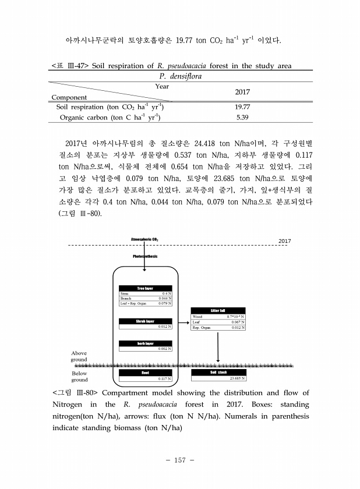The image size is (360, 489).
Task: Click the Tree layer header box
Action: point(144,288)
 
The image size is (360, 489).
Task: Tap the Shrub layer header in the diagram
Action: point(144,321)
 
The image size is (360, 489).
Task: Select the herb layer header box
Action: point(144,343)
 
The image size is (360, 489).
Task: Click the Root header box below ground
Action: point(144,373)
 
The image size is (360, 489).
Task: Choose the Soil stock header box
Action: point(218,373)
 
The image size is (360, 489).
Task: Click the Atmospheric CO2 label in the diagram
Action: point(145,239)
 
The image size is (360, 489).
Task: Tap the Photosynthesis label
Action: point(145,256)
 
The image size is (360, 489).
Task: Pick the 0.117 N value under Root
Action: point(164,378)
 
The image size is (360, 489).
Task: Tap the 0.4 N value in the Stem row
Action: point(165,294)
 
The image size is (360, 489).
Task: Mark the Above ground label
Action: point(79,356)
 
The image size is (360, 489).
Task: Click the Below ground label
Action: point(79,377)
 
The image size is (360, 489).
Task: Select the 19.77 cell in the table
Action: point(242,107)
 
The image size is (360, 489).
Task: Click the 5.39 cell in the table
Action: point(242,117)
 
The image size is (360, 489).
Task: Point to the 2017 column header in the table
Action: point(242,93)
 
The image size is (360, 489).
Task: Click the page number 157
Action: point(179,460)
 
